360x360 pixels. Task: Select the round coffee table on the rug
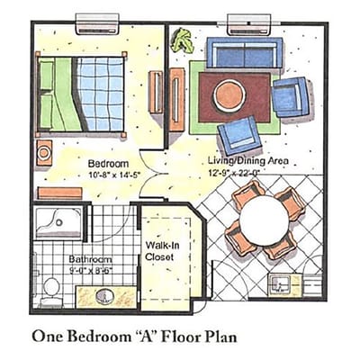(229, 94)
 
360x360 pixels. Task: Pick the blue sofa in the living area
(244, 53)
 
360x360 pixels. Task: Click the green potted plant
(183, 40)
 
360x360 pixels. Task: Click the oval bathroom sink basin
(104, 296)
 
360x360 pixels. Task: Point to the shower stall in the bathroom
(60, 225)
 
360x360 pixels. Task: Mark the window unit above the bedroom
(96, 22)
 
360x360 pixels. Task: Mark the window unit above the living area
(247, 22)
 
